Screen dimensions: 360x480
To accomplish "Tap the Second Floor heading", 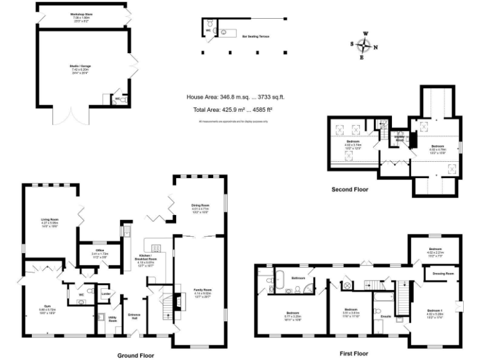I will click(x=351, y=189).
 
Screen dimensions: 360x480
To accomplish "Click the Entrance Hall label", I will click(x=134, y=316).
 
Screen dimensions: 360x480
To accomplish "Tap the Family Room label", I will click(x=202, y=291).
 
